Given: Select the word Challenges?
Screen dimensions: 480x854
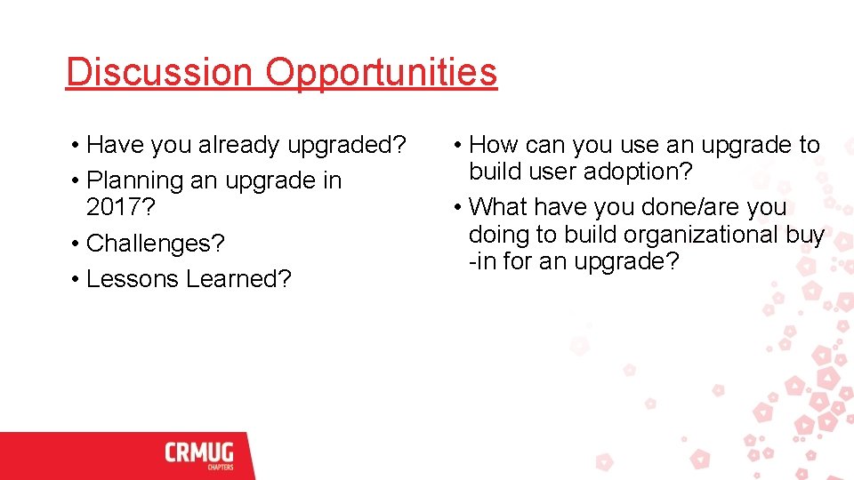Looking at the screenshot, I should pos(156,244).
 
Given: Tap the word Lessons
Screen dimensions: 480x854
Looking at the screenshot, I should pos(133,279).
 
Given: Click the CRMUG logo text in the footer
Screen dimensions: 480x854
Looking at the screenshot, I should pos(199,452).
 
